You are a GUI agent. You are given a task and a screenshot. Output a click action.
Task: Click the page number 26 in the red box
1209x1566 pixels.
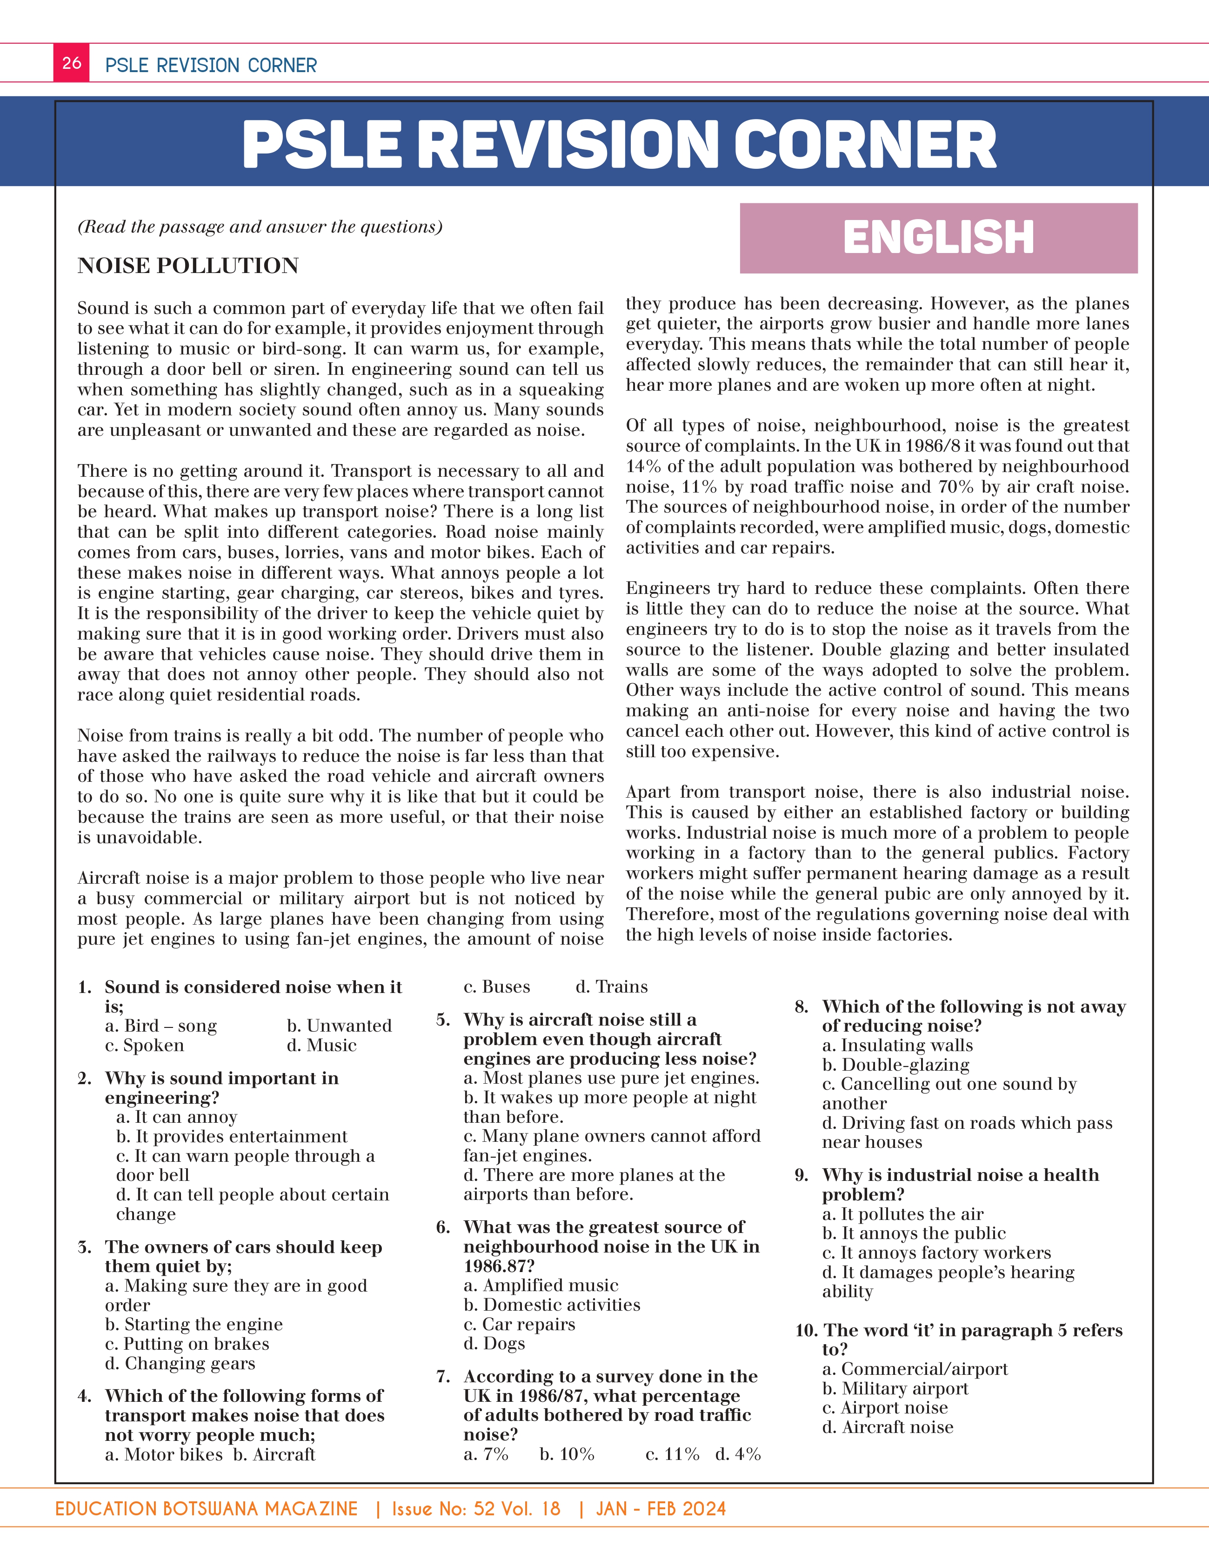(72, 63)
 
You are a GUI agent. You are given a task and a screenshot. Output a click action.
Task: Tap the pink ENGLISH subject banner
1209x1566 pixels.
(938, 238)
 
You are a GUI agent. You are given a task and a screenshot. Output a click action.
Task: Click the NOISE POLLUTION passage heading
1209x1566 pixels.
(188, 266)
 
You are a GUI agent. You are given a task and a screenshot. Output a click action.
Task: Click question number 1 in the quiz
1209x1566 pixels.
(85, 987)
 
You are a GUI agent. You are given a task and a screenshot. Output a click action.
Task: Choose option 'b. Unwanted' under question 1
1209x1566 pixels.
(339, 1026)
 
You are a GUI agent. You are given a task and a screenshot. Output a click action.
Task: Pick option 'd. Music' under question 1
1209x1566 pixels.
(321, 1046)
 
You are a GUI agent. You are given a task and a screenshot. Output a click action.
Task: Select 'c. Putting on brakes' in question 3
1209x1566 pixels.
(187, 1344)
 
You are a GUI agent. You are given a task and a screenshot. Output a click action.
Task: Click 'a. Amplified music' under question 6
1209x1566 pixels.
(541, 1286)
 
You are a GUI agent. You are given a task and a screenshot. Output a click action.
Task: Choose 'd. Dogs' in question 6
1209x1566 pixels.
(494, 1344)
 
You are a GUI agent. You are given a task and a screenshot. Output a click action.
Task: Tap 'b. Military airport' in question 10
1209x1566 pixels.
(895, 1389)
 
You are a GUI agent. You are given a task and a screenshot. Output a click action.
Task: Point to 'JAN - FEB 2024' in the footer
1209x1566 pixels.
(661, 1509)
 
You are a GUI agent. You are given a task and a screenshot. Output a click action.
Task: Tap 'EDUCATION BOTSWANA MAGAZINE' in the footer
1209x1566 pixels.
(207, 1509)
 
